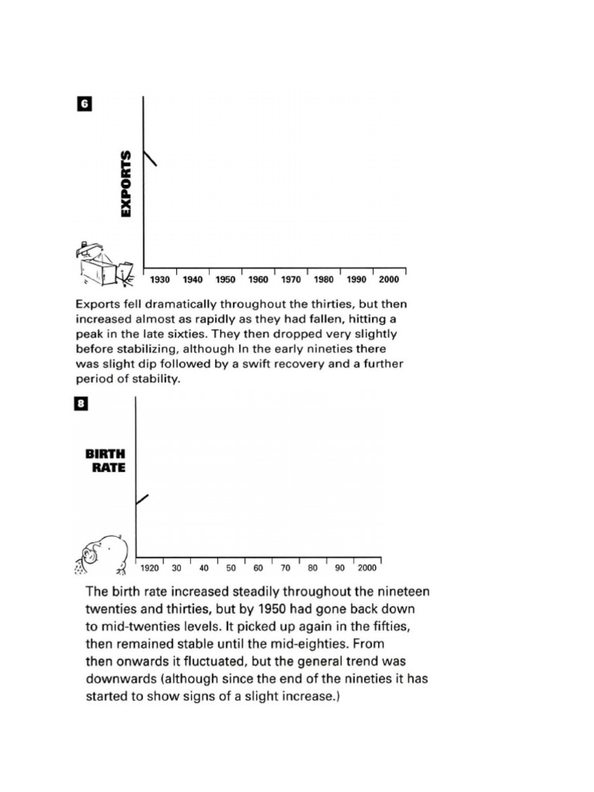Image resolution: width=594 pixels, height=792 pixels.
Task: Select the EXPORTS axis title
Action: (x=126, y=183)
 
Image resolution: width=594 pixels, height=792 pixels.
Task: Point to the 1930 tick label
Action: (x=160, y=279)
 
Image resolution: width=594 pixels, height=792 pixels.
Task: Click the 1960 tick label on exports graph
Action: (x=258, y=279)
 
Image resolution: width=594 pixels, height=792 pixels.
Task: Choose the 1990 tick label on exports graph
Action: (x=357, y=279)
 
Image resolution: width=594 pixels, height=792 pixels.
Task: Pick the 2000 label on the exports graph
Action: (x=389, y=279)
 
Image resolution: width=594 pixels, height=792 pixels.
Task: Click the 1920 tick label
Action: (x=150, y=568)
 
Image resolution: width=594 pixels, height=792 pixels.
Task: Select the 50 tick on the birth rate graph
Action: (x=230, y=568)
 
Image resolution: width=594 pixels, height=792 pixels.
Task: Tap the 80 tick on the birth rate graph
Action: (x=312, y=568)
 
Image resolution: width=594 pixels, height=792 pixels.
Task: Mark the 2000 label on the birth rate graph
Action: (x=367, y=568)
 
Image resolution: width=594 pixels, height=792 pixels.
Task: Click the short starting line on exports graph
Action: (x=150, y=158)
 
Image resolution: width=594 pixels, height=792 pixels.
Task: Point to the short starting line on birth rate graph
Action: (x=142, y=499)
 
